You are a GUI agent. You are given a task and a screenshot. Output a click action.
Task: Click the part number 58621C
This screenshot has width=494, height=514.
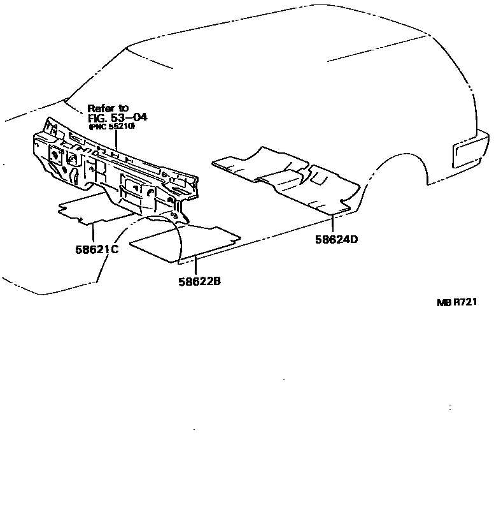(x=97, y=249)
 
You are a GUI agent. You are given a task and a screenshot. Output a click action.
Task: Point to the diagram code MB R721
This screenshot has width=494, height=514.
(x=456, y=302)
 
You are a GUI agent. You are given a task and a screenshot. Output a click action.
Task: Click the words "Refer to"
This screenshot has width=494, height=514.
(x=108, y=108)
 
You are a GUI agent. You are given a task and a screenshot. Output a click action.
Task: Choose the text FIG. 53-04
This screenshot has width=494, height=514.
(x=117, y=118)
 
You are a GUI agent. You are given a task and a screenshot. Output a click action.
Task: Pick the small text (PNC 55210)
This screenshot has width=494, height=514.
(x=111, y=127)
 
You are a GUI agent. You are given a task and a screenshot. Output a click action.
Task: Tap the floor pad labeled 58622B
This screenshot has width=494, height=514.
(x=185, y=242)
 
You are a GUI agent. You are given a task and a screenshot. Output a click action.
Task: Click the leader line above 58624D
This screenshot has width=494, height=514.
(x=333, y=223)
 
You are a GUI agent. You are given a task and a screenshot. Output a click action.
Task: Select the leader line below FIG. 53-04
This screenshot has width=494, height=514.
(x=116, y=141)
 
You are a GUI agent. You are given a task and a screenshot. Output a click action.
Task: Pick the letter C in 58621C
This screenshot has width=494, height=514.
(x=115, y=249)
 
